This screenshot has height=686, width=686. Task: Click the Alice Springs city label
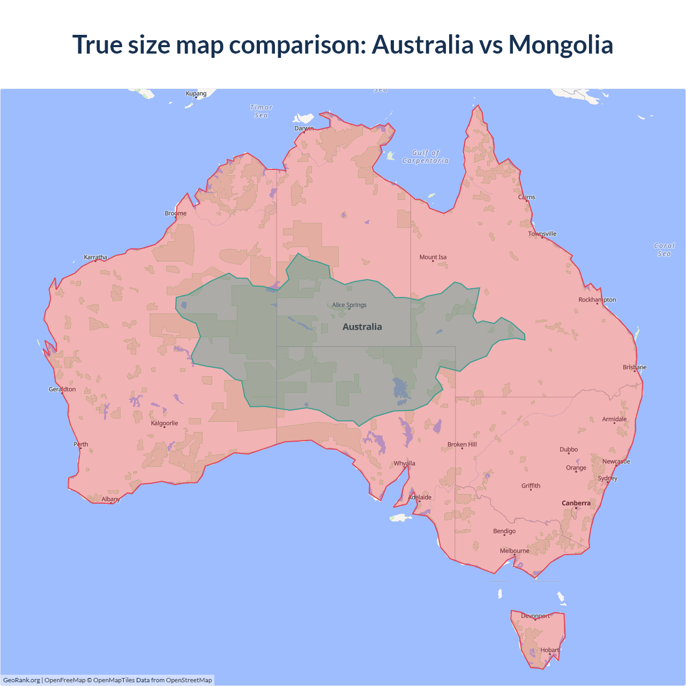(x=349, y=305)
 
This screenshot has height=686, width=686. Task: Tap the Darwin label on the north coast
(x=304, y=128)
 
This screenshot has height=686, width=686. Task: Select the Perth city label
(x=81, y=444)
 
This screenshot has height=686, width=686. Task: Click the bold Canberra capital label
(x=576, y=503)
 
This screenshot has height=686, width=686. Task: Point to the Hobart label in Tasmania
(x=549, y=650)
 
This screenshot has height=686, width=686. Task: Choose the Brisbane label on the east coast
(x=635, y=367)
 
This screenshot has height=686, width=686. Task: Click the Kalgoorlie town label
(x=165, y=423)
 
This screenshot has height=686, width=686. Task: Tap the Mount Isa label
(x=433, y=257)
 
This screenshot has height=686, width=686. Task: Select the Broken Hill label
(x=462, y=444)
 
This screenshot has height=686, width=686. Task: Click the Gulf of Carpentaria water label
(x=426, y=156)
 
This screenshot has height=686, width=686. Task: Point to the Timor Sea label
(x=261, y=111)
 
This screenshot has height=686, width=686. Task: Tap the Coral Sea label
(x=664, y=250)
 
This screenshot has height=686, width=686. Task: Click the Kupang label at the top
(x=196, y=93)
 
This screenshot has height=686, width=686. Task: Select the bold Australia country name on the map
(x=362, y=327)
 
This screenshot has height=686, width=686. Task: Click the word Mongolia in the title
(x=561, y=44)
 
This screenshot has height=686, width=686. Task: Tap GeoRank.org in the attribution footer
(x=21, y=680)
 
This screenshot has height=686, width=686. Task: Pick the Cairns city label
(x=526, y=197)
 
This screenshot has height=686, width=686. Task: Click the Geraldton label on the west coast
(x=62, y=389)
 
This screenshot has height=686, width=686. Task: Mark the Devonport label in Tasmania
(x=535, y=616)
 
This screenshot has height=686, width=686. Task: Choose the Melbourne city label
(x=514, y=550)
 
